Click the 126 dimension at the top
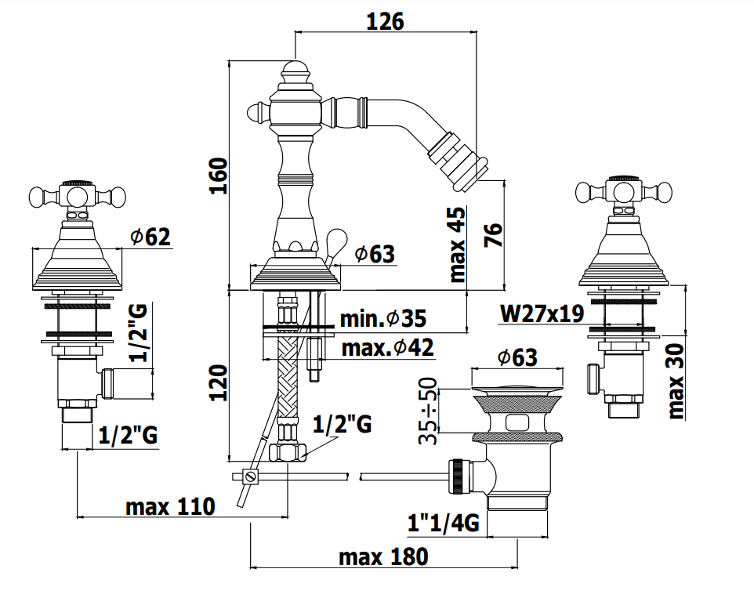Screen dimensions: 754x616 (385, 22)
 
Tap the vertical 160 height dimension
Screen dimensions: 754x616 (219, 176)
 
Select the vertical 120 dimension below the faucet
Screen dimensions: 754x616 (219, 382)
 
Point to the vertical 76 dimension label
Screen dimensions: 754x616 (493, 235)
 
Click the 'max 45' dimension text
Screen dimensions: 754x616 (457, 245)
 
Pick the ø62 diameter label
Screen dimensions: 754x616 (150, 237)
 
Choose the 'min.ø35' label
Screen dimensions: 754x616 (383, 318)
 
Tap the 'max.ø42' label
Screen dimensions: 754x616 (387, 348)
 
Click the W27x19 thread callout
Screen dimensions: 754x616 (542, 313)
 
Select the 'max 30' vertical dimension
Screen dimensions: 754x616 (676, 380)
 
